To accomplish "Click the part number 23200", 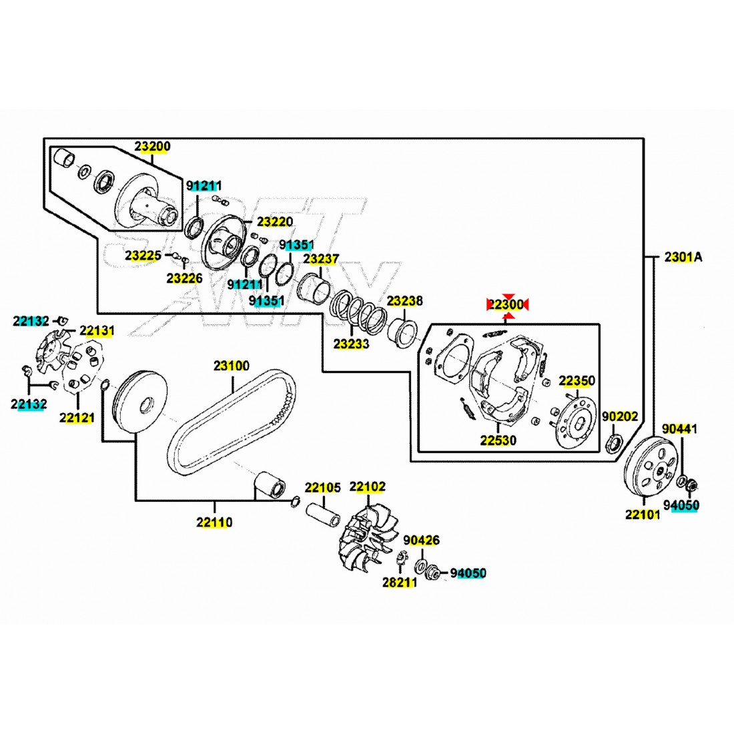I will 152,146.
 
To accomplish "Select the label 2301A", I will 683,257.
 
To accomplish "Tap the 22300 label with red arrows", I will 506,305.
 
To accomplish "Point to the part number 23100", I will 232,366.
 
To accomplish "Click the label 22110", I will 214,522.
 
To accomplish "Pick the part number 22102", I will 367,488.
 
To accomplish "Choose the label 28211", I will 399,583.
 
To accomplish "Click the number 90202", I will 620,416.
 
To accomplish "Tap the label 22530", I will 498,440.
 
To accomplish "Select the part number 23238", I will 405,301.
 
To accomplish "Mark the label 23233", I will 351,344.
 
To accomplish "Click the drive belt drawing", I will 230,424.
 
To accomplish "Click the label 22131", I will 97,330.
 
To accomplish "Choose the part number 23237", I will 321,259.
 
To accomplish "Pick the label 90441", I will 679,429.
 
